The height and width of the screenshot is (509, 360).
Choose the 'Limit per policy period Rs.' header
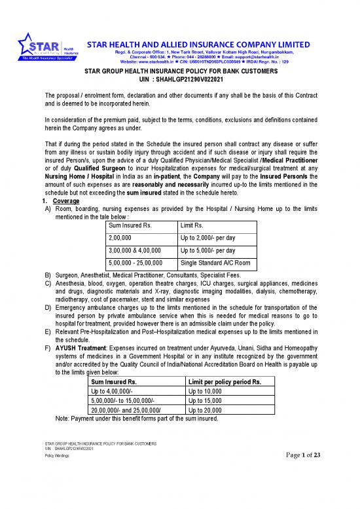pos(224,381)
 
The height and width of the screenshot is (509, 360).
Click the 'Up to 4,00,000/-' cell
pos(111,390)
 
